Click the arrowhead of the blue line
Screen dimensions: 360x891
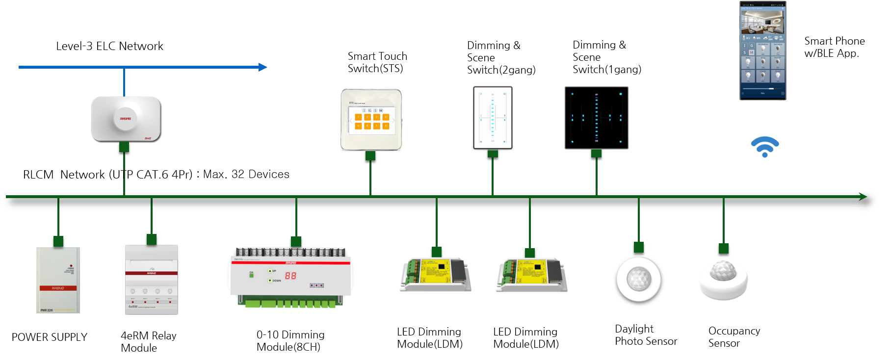click(x=263, y=67)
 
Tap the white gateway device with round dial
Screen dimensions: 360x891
click(x=126, y=119)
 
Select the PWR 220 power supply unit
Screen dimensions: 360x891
click(x=58, y=280)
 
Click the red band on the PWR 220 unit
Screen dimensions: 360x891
click(x=58, y=288)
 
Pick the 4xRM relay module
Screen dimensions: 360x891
click(x=152, y=280)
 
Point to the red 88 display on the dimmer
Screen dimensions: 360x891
click(x=290, y=276)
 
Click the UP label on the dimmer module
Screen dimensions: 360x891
click(x=274, y=271)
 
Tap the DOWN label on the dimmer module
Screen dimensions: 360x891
click(x=277, y=281)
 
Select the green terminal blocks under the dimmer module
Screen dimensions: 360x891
click(x=289, y=303)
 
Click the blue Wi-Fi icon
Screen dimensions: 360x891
click(x=764, y=147)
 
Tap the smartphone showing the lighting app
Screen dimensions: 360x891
click(x=762, y=51)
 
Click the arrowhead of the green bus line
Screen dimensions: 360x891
click(x=863, y=197)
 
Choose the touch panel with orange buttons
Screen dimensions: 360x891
click(x=371, y=120)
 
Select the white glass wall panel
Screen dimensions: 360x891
click(x=493, y=118)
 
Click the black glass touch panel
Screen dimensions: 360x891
click(x=596, y=118)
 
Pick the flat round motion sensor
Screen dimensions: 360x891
click(x=639, y=279)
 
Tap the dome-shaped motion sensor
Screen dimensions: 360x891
click(x=723, y=280)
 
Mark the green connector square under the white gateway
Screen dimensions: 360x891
click(x=124, y=147)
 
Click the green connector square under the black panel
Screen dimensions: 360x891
click(x=596, y=154)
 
